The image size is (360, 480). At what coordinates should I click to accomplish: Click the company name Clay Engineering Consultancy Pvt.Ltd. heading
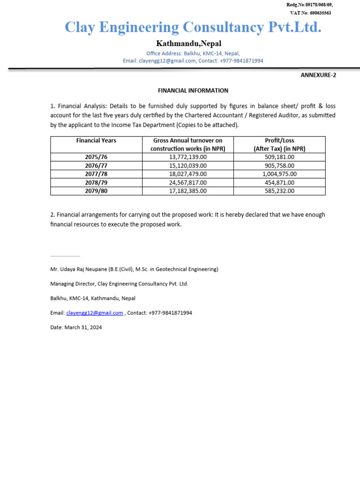point(193,27)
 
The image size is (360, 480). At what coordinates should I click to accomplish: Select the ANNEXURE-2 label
point(318,75)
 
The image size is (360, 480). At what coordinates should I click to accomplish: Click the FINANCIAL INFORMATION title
point(193,90)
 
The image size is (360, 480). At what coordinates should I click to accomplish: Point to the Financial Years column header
point(96,141)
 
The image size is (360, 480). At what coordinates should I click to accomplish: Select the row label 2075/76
point(96,157)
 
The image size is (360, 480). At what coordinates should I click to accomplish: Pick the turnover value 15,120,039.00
point(187,165)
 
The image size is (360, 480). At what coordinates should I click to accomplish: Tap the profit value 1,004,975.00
point(279,174)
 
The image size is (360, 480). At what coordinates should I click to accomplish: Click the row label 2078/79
point(96,182)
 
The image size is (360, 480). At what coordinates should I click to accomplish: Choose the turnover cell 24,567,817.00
point(187,182)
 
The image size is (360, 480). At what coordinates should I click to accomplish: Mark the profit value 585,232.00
point(279,191)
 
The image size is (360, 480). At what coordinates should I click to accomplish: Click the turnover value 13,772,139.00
point(187,157)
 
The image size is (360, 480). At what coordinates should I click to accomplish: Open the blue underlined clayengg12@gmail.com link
point(95,313)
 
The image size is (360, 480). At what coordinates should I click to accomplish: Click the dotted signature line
point(65,256)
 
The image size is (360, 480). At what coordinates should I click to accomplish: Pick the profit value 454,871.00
point(279,182)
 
